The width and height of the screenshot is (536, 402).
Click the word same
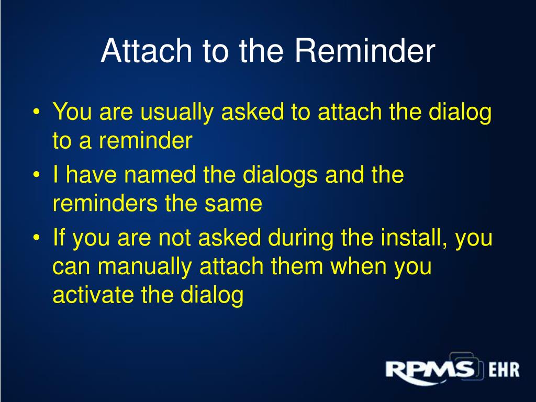(x=233, y=204)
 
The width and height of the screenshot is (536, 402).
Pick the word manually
(x=144, y=267)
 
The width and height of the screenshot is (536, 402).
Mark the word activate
(x=93, y=295)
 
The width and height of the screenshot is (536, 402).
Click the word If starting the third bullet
(x=59, y=237)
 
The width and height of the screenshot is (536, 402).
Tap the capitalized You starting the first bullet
(x=72, y=111)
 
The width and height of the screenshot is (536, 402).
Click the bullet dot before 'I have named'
(x=37, y=175)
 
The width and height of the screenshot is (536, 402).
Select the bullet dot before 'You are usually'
(x=37, y=112)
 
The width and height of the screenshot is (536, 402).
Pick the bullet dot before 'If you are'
(x=37, y=238)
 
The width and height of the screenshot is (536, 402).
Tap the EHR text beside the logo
(x=504, y=370)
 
